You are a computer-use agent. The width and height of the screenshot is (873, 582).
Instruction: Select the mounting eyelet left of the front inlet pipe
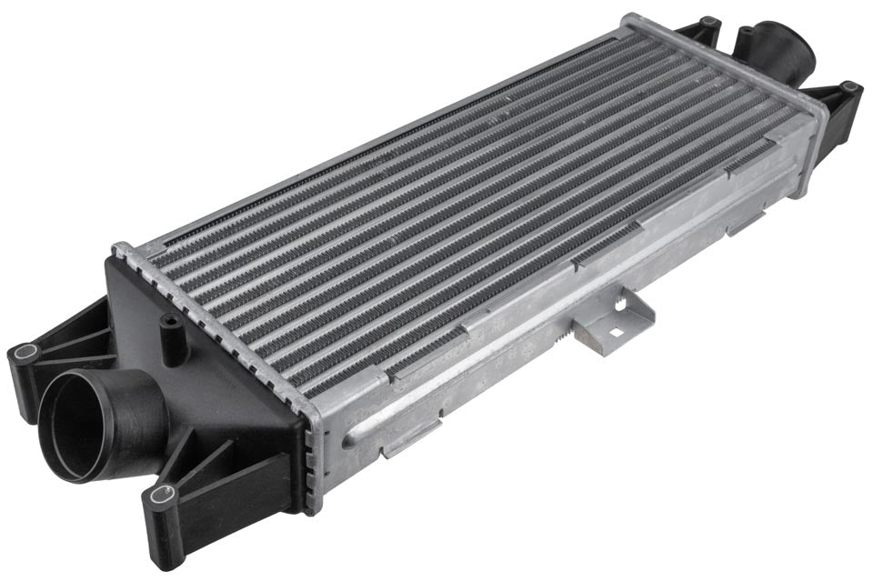[x=25, y=354]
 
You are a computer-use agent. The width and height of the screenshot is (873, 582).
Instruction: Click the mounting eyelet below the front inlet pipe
[x=163, y=495]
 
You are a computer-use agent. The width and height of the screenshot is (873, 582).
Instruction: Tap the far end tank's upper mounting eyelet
[x=708, y=23]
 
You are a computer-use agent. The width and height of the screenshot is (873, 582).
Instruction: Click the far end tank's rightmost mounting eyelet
[x=849, y=89]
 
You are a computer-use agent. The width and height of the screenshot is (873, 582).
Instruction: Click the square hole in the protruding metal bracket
[x=614, y=332]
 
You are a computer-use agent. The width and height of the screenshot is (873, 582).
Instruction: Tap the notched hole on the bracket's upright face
[x=619, y=306]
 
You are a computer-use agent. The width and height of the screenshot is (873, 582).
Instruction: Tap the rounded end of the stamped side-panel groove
[x=348, y=443]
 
